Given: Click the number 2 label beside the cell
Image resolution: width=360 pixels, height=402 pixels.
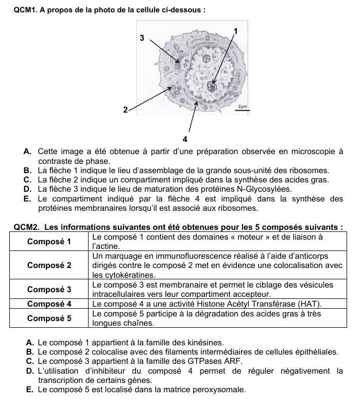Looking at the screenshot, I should click(125, 110).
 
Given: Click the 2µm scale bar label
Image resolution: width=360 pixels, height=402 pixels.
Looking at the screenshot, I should click(242, 106).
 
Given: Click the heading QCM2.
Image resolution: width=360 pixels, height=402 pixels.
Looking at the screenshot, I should click(25, 228).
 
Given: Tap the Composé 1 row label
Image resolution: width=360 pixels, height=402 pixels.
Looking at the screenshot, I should click(50, 242).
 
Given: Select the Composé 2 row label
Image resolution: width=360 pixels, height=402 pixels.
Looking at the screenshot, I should click(50, 265).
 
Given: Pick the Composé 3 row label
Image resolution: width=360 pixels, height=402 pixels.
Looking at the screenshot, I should click(50, 289).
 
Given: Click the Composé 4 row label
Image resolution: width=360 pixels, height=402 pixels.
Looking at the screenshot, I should click(50, 303).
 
